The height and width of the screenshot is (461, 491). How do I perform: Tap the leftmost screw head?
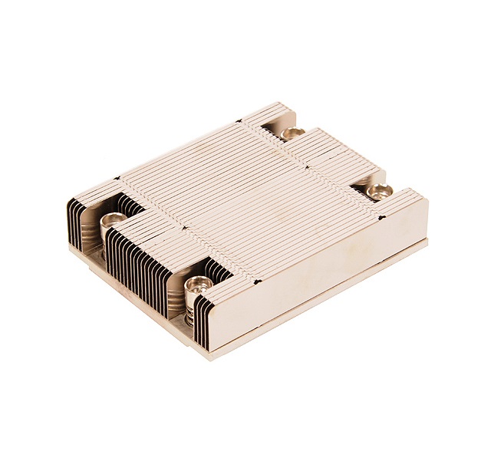point(113,222)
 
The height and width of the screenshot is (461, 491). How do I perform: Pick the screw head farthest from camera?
point(292,134)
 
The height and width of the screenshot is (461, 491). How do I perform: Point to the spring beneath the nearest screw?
point(192,306)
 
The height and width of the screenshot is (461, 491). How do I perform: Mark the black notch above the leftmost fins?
point(117,180)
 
